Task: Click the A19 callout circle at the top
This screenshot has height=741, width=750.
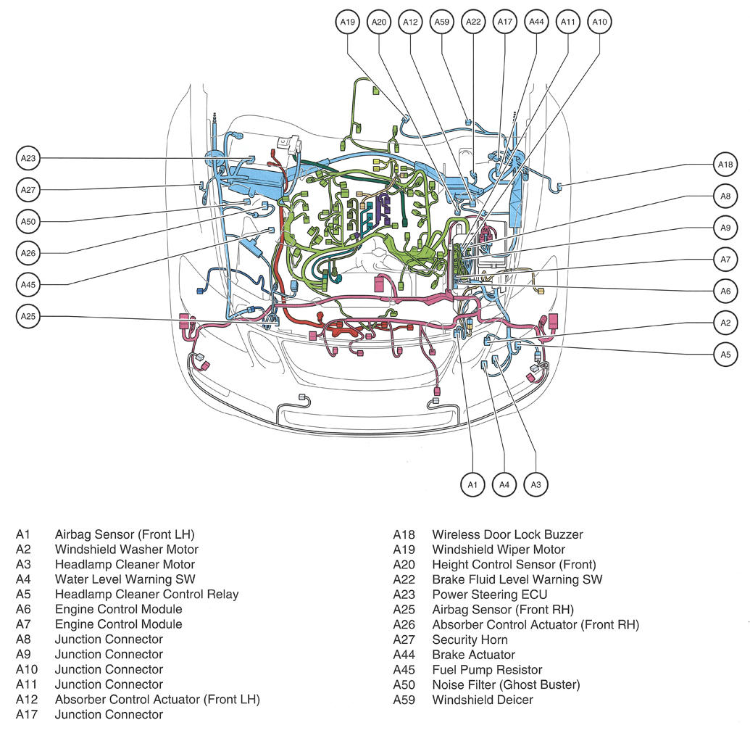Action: click(348, 22)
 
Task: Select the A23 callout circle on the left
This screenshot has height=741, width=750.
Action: click(28, 157)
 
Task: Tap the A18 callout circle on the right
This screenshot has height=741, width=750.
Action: click(725, 165)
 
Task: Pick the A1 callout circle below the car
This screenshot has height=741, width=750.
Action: click(473, 484)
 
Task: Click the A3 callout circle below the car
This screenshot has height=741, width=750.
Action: click(536, 484)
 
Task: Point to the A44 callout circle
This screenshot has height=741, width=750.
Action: click(536, 22)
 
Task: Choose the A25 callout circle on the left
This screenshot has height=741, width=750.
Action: click(28, 316)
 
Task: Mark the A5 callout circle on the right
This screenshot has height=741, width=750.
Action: click(725, 354)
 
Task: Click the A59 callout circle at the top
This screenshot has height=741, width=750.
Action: click(441, 22)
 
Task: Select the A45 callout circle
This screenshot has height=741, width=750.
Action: click(28, 285)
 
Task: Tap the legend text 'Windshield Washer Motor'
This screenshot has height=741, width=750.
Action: click(126, 550)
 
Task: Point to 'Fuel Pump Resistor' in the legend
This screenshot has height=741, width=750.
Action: click(487, 670)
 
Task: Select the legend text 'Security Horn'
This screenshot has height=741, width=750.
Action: click(470, 639)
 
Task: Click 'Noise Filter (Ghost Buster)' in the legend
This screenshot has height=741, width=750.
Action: click(506, 684)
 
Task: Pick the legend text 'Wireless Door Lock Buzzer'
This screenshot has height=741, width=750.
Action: click(507, 534)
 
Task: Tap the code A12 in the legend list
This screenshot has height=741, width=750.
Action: click(27, 700)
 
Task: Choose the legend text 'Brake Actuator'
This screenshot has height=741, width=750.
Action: click(473, 655)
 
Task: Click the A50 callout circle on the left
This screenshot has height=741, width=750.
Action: click(28, 221)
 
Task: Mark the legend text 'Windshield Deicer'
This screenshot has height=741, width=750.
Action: click(483, 700)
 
